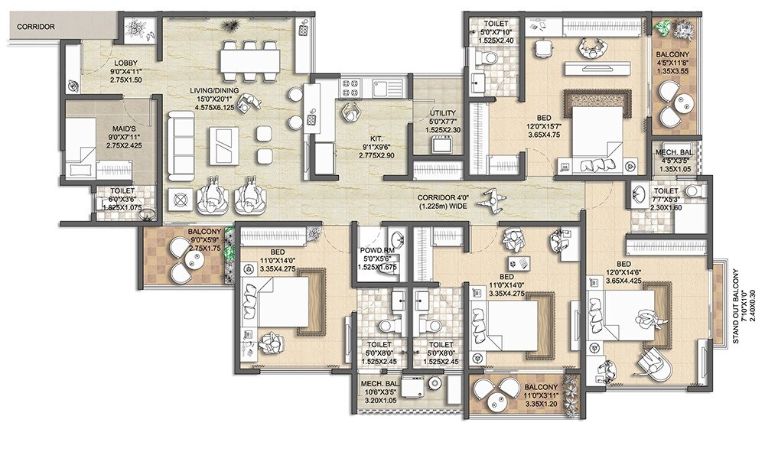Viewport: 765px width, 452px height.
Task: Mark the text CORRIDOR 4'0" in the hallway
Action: (x=427, y=197)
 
